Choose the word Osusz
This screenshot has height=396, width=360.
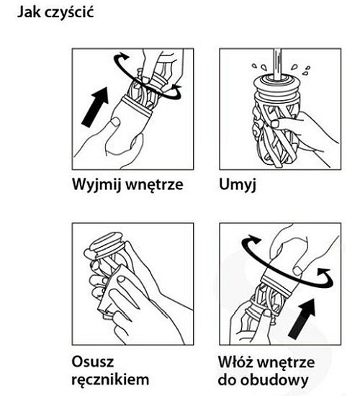click(x=92, y=358)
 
